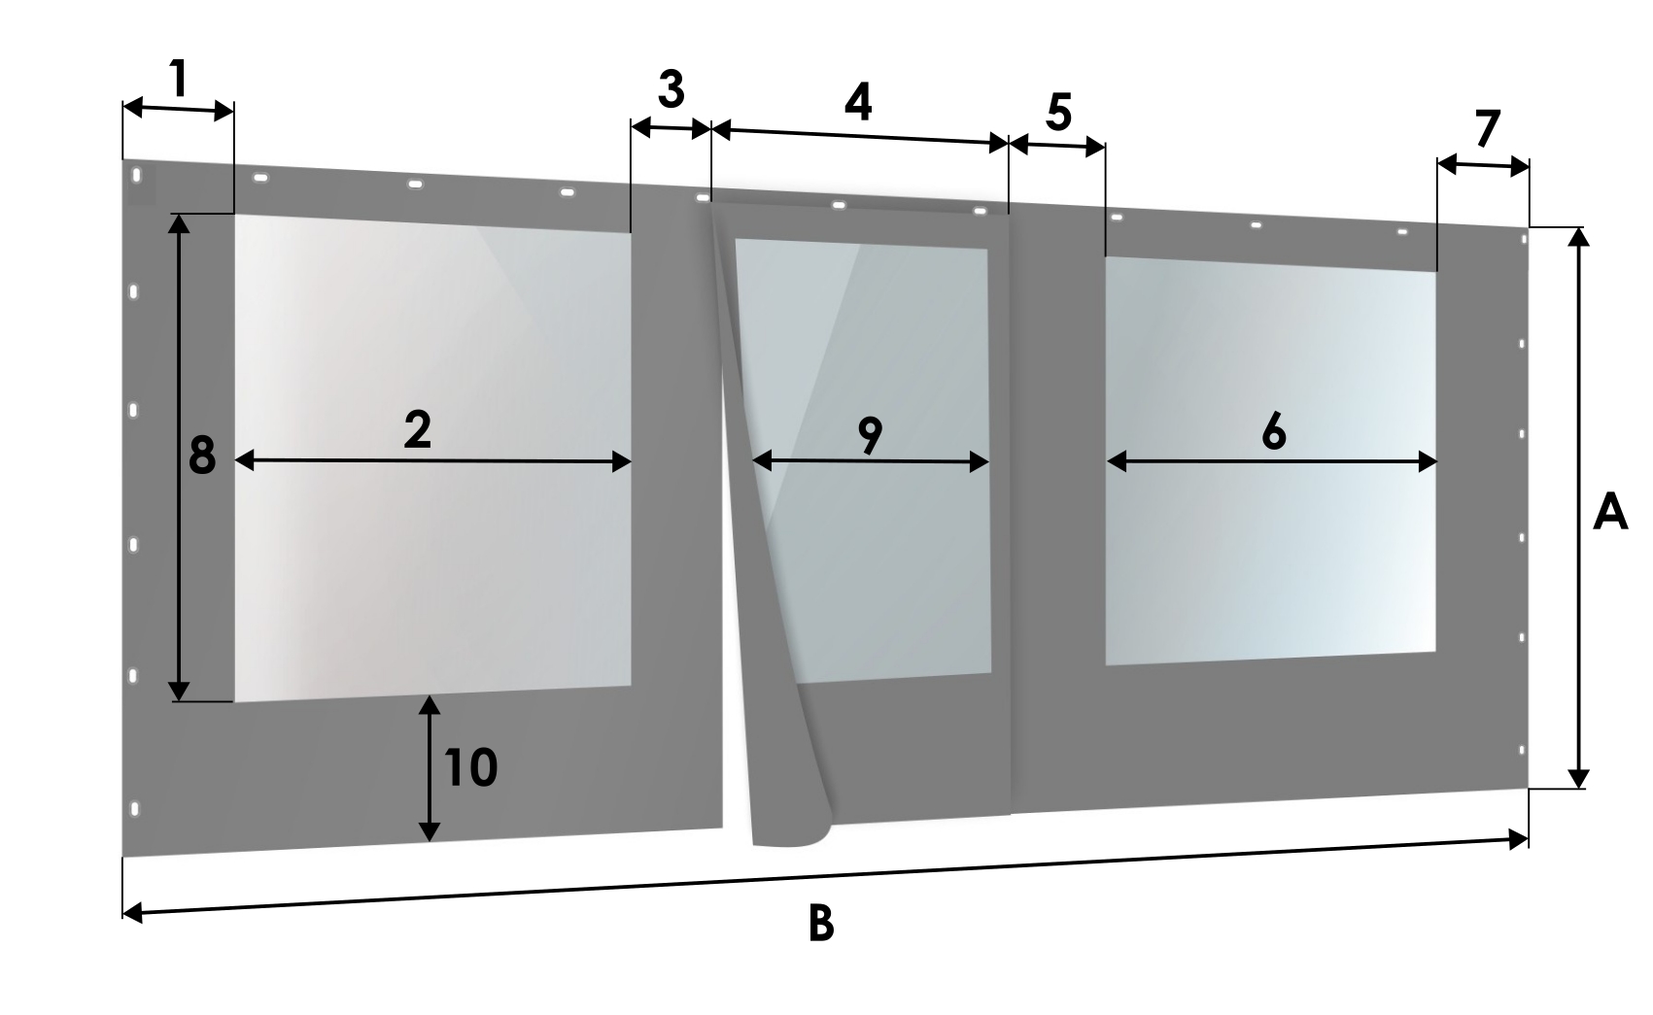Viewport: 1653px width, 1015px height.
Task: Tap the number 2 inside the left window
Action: [x=418, y=430]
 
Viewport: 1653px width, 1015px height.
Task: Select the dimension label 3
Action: [x=671, y=89]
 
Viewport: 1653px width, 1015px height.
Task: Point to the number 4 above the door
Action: [x=858, y=102]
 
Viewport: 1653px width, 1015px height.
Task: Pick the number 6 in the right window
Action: [x=1274, y=431]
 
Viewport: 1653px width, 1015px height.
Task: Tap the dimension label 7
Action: [x=1487, y=128]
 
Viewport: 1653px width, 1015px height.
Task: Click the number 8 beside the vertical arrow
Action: [x=202, y=456]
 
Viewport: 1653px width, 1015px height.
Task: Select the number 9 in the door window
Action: [x=870, y=435]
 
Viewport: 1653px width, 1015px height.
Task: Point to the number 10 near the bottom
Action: [x=470, y=767]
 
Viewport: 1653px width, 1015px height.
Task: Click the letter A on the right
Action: [x=1610, y=513]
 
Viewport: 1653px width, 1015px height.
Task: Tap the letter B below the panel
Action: [x=821, y=924]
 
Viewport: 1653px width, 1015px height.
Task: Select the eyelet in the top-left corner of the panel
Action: [x=136, y=175]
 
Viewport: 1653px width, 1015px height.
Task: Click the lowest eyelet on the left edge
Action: [x=134, y=809]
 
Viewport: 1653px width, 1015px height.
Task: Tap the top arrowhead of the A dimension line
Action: [x=1578, y=237]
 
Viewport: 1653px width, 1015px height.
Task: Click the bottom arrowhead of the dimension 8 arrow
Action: [x=179, y=692]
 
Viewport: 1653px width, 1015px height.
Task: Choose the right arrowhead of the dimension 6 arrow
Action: [x=1428, y=462]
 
